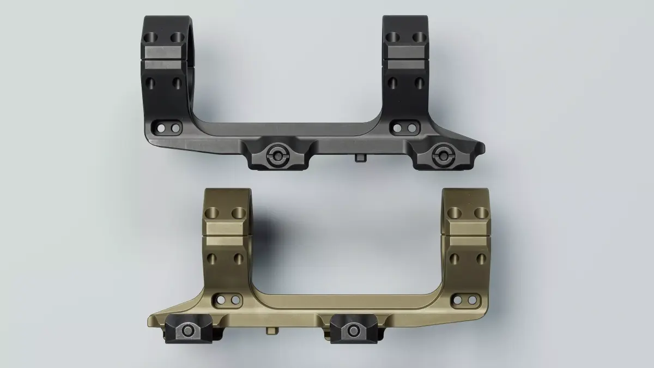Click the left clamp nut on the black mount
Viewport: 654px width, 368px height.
(x=277, y=155)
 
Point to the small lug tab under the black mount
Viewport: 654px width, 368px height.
(x=361, y=158)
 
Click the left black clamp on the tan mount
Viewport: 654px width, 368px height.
(x=186, y=330)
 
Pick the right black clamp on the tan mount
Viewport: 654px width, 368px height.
(x=351, y=330)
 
